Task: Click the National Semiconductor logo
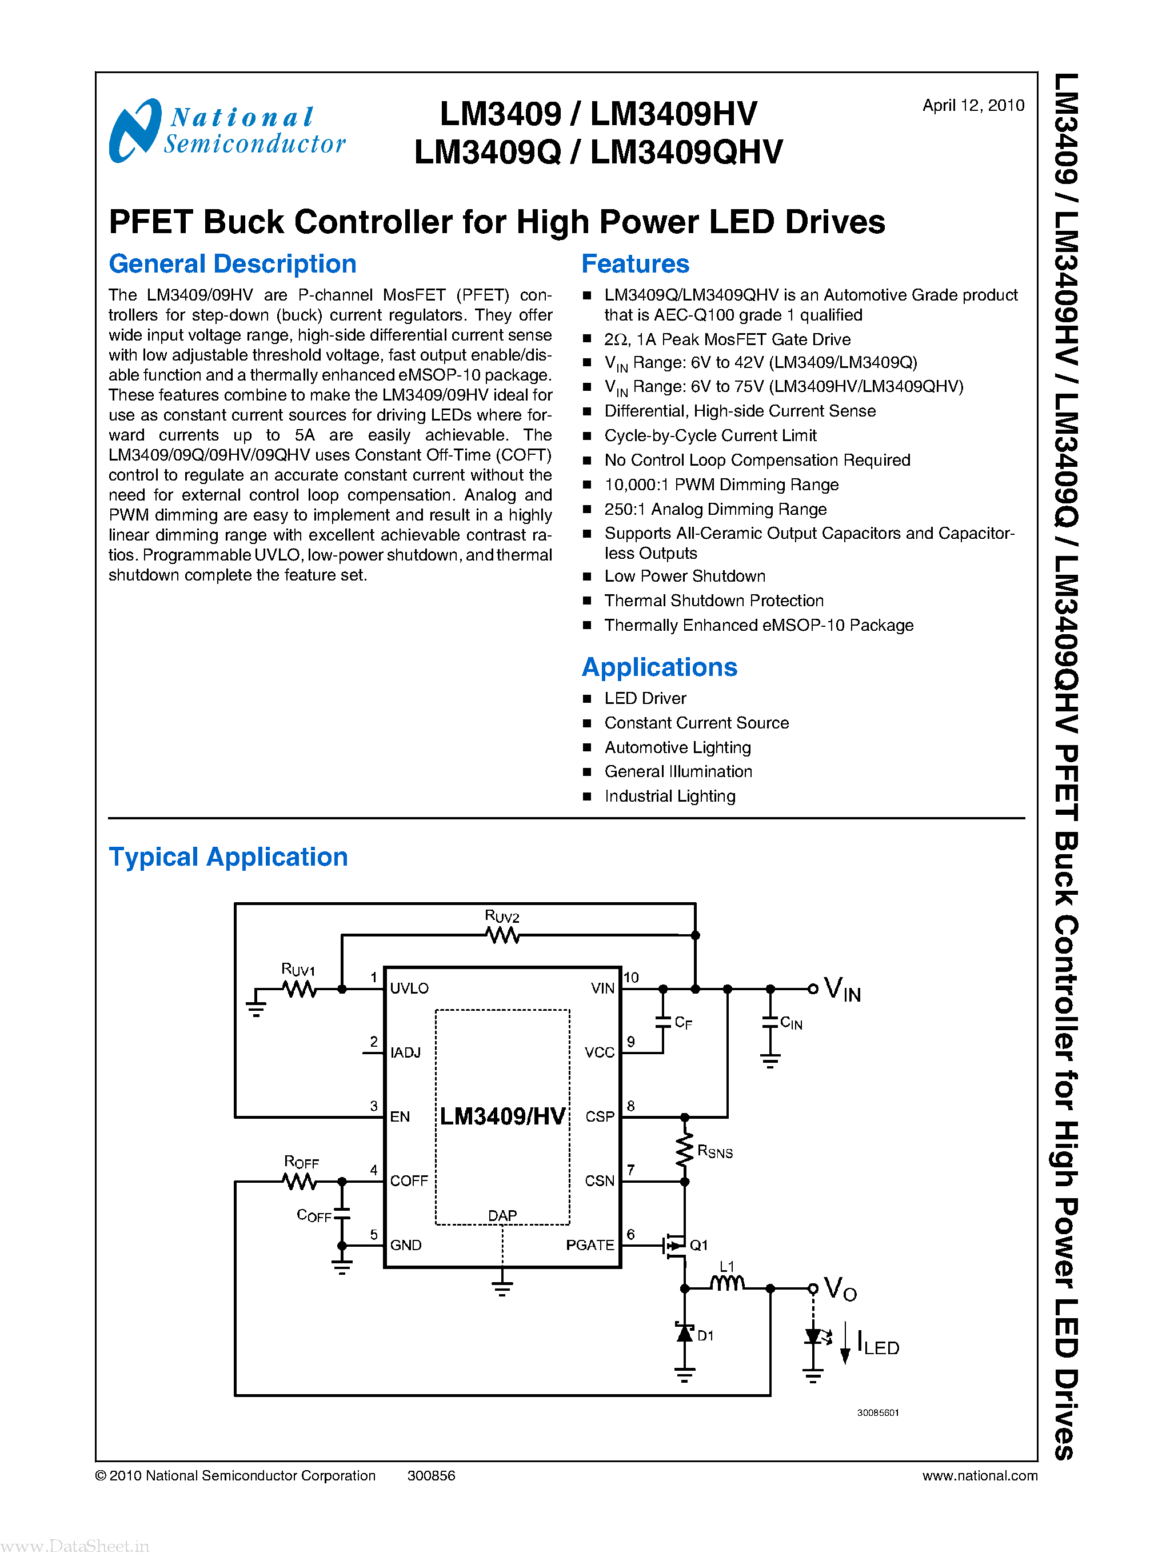(x=226, y=131)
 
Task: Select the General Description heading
(x=232, y=264)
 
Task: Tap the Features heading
(x=634, y=264)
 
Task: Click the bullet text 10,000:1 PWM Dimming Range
(x=721, y=485)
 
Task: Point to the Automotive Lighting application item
(x=677, y=747)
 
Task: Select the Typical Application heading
(x=228, y=856)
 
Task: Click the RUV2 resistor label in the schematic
(x=501, y=916)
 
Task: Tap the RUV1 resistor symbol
(x=299, y=989)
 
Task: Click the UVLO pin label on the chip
(x=409, y=988)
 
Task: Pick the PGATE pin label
(x=589, y=1245)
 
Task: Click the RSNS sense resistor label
(x=714, y=1151)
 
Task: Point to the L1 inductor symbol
(x=726, y=1284)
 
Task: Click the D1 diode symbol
(x=684, y=1332)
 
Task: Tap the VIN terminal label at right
(x=842, y=990)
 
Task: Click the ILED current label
(x=878, y=1344)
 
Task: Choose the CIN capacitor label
(x=790, y=1023)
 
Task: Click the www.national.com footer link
(x=979, y=1475)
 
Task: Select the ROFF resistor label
(x=301, y=1161)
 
